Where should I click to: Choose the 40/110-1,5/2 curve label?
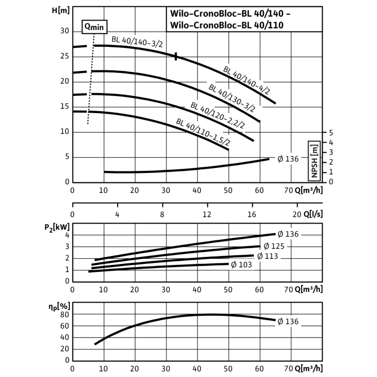point(207,132)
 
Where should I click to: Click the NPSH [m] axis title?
point(314,161)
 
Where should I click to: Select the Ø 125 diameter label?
point(274,246)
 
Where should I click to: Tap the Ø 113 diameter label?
point(267,256)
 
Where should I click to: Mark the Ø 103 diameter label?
point(241,265)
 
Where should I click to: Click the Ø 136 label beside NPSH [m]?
point(288,159)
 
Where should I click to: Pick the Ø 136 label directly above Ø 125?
point(288,234)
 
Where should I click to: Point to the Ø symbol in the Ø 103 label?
point(233,265)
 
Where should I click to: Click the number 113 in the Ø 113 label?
point(271,256)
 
